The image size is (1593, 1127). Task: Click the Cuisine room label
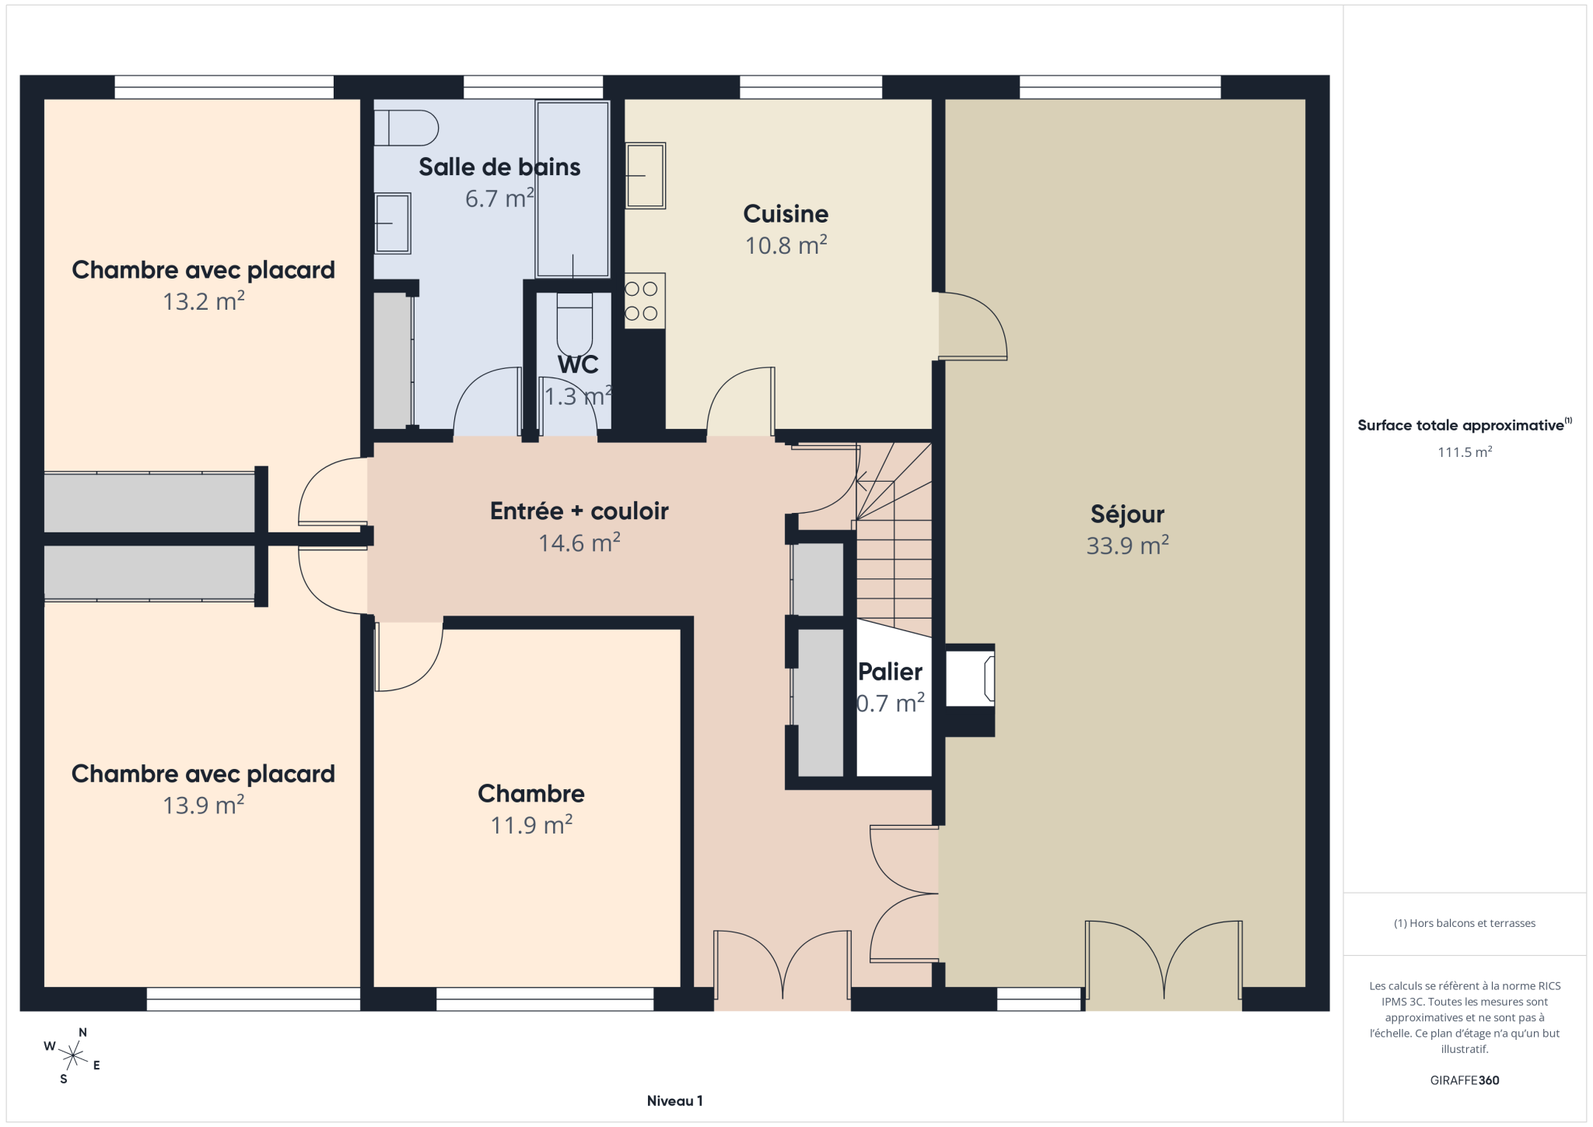point(786,213)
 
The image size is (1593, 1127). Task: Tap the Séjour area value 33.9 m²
point(1127,546)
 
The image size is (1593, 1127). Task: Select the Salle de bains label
point(499,167)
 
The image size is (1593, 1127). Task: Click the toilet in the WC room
point(575,323)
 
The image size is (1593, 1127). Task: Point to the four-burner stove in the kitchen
point(645,300)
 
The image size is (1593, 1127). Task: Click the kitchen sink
point(646,175)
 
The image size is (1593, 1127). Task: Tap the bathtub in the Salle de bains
point(572,189)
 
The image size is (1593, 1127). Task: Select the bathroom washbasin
point(392,223)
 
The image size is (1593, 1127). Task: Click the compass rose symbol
point(72,1056)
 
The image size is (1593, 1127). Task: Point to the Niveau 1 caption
point(674,1101)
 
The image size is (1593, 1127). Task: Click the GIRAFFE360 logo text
point(1465,1080)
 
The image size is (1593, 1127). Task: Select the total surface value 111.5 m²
point(1465,452)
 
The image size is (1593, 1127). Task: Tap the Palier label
point(890,672)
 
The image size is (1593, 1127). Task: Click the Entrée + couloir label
point(579,511)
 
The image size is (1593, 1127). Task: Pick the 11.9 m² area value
point(531,825)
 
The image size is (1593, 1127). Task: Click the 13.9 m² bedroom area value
point(203,805)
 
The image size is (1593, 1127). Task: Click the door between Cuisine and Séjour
point(972,326)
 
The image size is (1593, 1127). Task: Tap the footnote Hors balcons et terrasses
point(1465,923)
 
